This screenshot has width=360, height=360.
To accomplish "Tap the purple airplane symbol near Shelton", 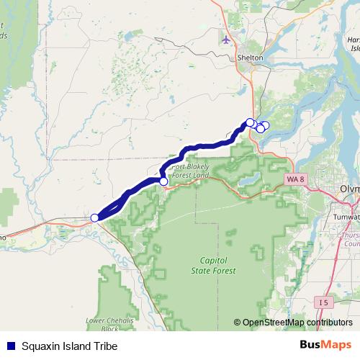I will click(x=228, y=39).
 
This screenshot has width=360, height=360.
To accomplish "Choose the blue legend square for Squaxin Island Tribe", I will click(x=10, y=346).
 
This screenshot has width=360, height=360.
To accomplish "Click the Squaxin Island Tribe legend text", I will click(x=69, y=346).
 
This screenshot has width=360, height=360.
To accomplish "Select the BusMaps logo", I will click(x=324, y=346).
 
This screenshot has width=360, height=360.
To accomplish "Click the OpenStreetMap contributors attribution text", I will click(x=297, y=323).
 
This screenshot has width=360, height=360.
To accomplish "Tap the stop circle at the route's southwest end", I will click(x=94, y=217).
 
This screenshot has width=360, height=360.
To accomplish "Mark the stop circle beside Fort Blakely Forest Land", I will click(x=163, y=182).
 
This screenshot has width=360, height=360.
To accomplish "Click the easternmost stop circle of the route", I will click(x=265, y=126).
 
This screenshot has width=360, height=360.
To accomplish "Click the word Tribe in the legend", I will click(x=104, y=346).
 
